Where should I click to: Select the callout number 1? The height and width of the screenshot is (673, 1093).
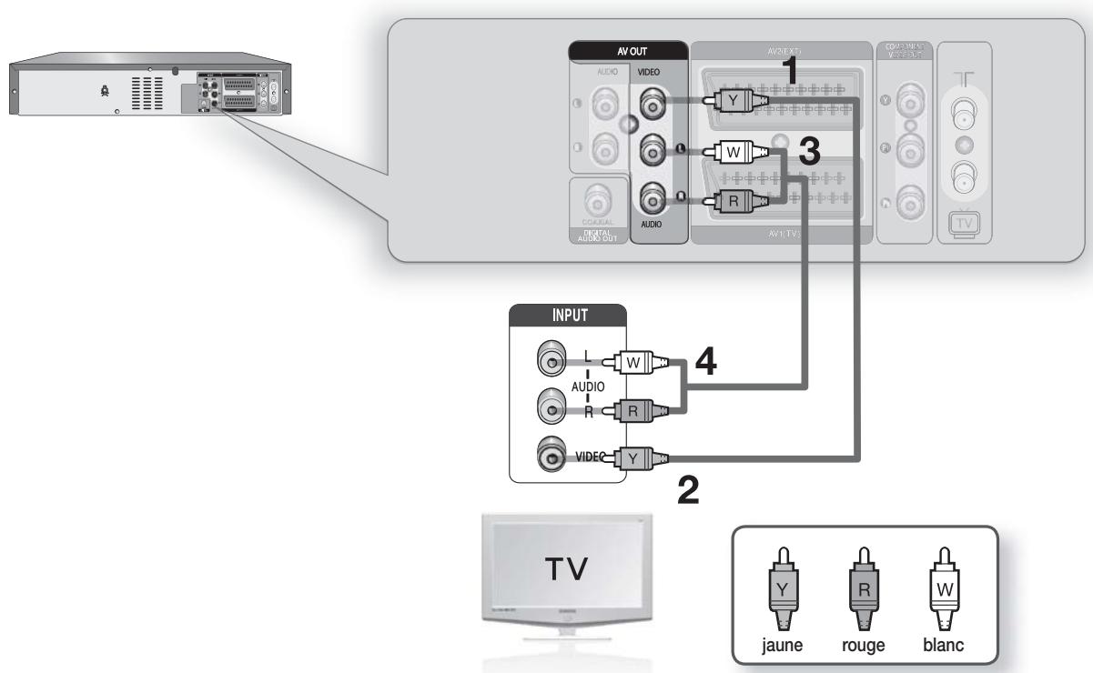pos(794,73)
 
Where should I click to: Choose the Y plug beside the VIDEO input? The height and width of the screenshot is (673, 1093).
pos(633,457)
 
